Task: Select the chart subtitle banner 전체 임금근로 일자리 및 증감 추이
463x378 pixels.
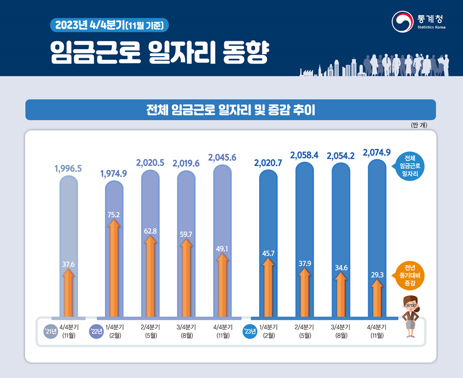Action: [x=231, y=110]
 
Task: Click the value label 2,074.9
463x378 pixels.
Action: [x=379, y=152]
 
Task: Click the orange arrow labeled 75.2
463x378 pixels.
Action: [x=113, y=267]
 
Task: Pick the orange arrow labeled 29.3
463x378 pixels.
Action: [x=377, y=298]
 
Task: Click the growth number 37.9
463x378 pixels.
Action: [x=304, y=263]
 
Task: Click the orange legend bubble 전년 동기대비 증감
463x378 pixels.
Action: [x=410, y=275]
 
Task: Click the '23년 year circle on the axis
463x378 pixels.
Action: [x=249, y=331]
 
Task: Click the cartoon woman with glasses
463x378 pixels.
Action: [x=411, y=315]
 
